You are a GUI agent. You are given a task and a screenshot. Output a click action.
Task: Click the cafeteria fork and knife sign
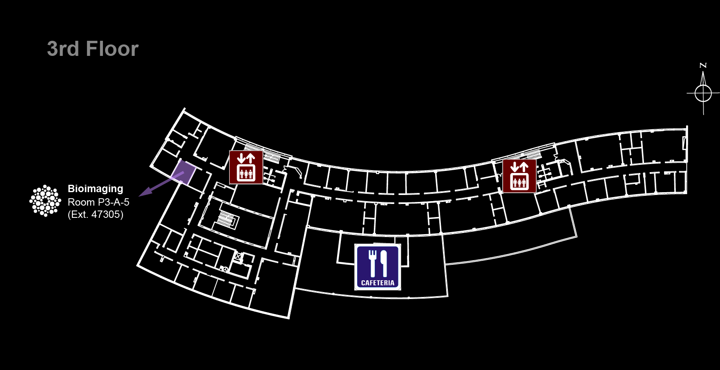378,267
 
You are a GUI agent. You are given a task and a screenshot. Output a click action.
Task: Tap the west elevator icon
246,167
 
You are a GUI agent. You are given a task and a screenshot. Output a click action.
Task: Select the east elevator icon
519,176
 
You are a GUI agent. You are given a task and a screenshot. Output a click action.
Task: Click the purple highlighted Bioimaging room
183,172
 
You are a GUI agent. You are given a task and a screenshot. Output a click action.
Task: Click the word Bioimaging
95,189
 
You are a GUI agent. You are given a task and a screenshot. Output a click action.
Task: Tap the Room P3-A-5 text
98,202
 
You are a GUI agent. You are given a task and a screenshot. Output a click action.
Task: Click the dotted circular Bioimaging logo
45,201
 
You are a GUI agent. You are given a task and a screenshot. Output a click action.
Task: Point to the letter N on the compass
703,65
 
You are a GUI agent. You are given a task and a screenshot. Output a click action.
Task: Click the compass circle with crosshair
703,93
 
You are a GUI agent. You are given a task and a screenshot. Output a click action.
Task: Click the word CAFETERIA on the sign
378,283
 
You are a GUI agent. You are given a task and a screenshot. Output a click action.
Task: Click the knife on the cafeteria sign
384,263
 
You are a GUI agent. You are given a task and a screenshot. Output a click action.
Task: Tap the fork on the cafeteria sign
372,263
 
